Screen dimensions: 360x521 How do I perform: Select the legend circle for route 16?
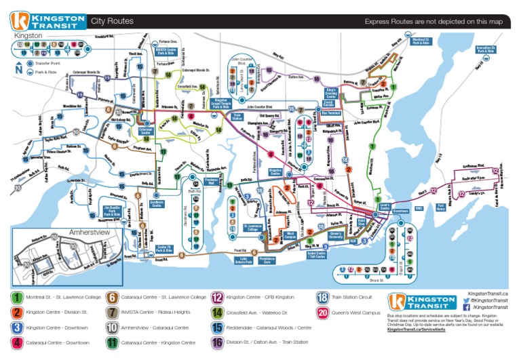(218, 342)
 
